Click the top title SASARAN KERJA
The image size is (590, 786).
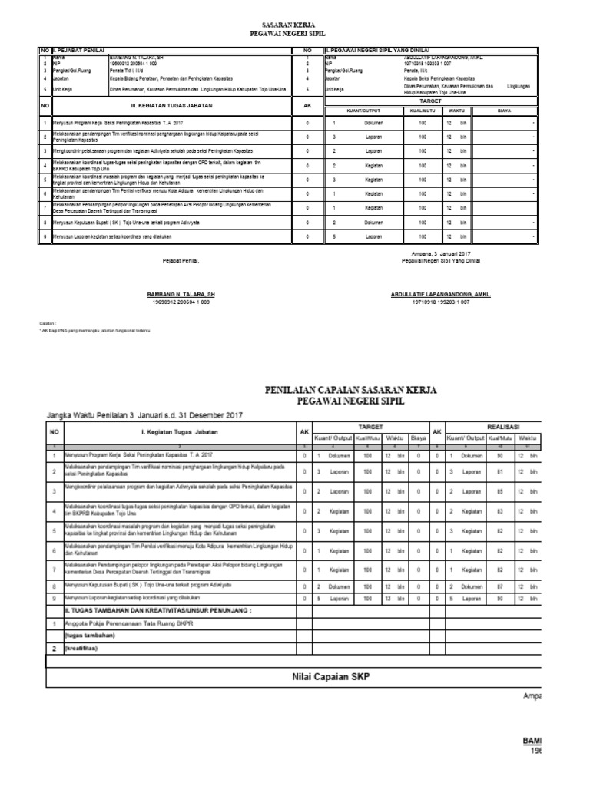295,25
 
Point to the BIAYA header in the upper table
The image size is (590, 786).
504,110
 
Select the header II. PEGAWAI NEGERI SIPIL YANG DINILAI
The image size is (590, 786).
377,50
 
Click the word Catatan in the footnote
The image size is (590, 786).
48,324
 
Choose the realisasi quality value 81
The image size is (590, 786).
500,471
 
